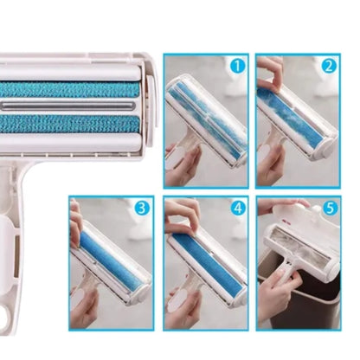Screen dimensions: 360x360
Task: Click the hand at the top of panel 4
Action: [x=179, y=212]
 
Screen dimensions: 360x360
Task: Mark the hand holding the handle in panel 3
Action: [x=87, y=307]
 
